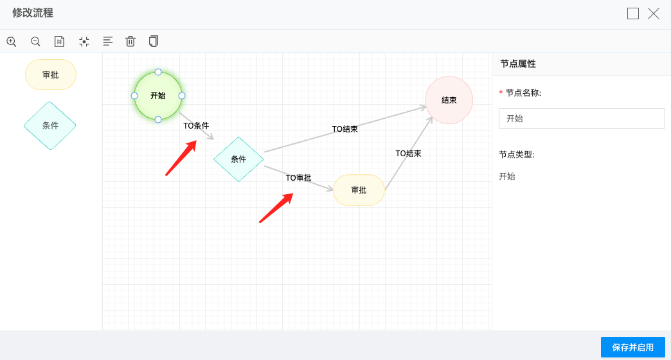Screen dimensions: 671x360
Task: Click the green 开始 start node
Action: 158,96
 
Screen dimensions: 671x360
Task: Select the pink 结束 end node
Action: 449,100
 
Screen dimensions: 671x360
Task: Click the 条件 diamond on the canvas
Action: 238,159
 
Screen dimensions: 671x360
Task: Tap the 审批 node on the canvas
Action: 359,190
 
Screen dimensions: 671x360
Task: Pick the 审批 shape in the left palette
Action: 51,75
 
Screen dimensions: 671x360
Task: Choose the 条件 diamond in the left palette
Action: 50,125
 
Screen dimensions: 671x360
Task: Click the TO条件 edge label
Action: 196,126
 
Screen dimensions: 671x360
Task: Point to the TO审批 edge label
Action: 298,177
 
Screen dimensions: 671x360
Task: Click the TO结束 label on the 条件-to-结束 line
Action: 345,129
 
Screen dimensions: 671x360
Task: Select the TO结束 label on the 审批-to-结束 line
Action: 408,153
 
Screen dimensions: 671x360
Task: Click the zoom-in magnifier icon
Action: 12,42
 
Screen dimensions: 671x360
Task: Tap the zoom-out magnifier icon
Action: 35,42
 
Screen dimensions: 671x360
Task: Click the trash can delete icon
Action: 130,41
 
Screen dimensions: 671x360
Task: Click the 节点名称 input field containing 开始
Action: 582,118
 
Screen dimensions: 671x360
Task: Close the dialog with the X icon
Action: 654,14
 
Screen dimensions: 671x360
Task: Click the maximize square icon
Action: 633,14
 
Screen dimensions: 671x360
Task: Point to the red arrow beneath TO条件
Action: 181,158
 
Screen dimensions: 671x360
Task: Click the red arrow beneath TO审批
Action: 276,208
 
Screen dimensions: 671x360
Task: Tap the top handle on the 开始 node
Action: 158,72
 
